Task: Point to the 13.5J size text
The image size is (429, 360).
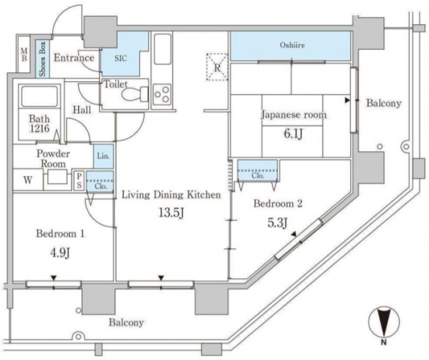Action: click(x=170, y=213)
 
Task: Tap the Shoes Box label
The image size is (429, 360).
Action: click(x=43, y=58)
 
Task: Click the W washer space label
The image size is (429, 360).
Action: click(x=27, y=180)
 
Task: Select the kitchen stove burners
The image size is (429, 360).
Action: click(x=162, y=94)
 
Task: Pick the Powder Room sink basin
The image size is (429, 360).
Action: click(x=56, y=178)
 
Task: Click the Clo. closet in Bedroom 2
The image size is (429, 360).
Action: click(x=252, y=173)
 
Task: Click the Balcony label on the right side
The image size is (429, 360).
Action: click(x=383, y=103)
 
